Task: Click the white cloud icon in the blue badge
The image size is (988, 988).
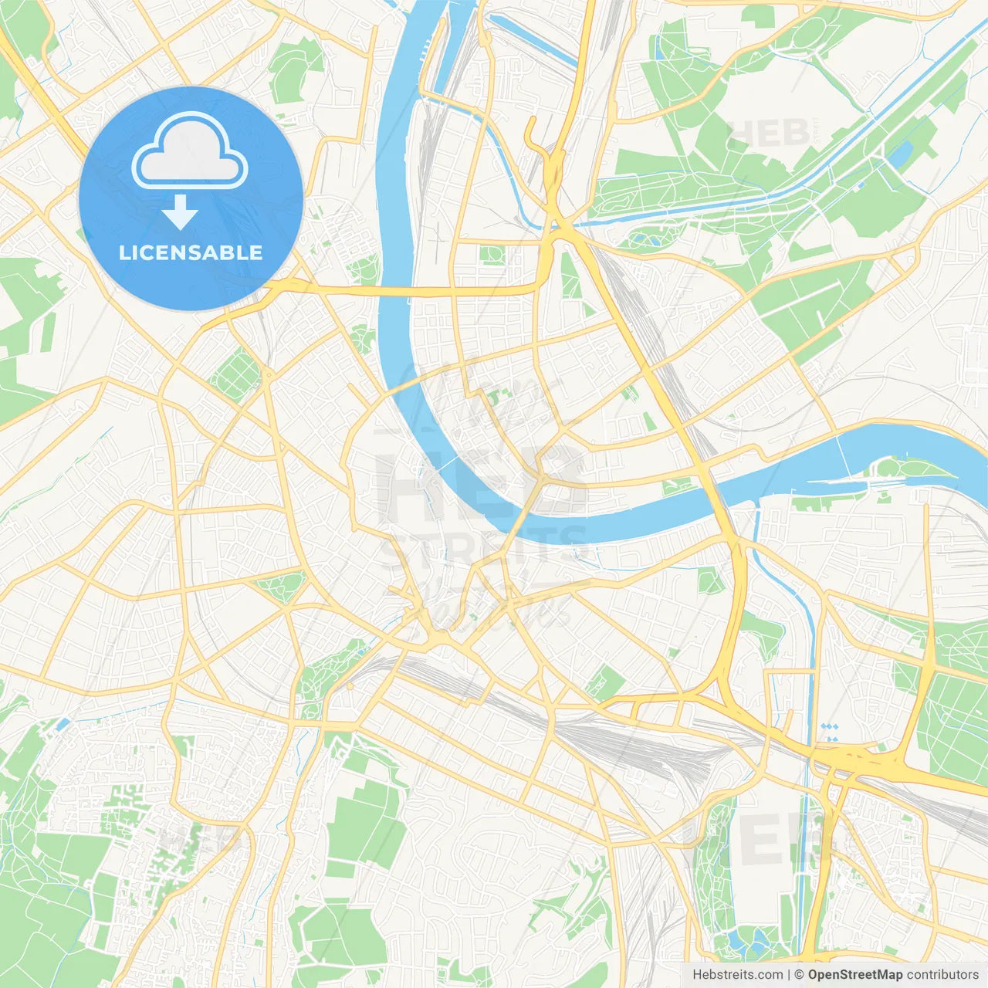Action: [x=189, y=152]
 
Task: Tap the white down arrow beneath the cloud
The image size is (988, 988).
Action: [x=181, y=212]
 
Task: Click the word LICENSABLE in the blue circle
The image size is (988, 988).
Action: [x=191, y=252]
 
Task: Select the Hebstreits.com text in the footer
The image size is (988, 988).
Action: [x=737, y=974]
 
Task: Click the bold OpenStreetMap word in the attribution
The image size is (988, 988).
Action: [x=855, y=974]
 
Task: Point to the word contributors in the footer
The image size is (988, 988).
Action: [x=942, y=974]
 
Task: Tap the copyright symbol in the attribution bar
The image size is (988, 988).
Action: [x=800, y=974]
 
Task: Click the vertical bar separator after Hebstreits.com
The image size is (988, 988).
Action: [x=789, y=974]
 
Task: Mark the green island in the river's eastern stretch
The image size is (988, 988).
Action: [x=907, y=469]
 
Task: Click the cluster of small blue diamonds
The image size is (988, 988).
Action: [x=830, y=731]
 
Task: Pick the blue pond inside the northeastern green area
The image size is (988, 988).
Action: [x=899, y=157]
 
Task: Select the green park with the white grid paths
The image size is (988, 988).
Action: [x=235, y=374]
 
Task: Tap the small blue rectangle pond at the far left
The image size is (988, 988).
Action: [x=61, y=724]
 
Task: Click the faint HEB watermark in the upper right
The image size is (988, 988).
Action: [x=768, y=133]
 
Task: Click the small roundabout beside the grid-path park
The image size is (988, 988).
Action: [x=268, y=374]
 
